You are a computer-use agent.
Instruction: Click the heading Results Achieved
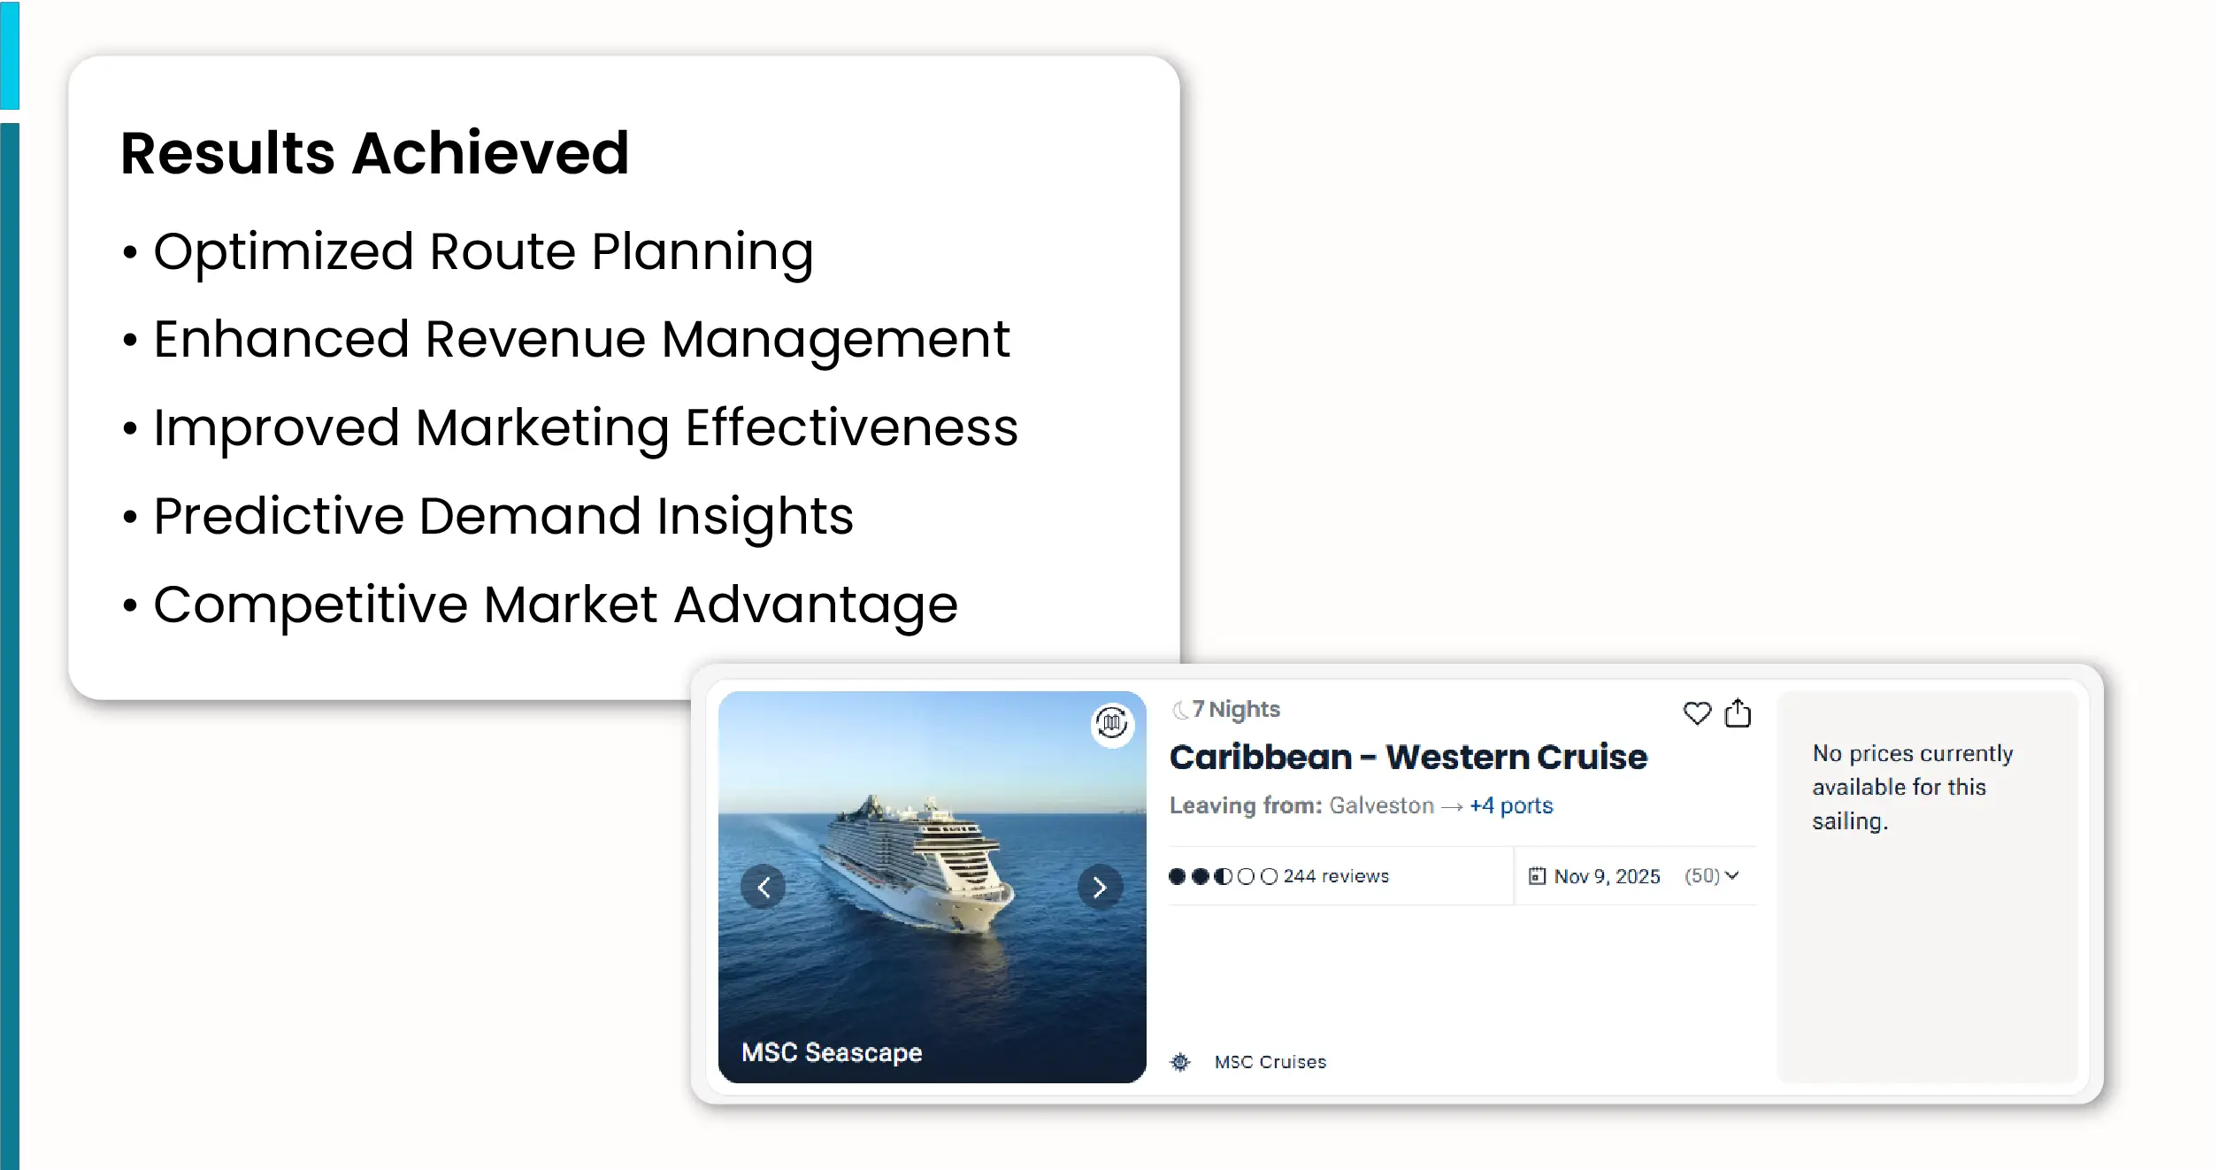click(374, 153)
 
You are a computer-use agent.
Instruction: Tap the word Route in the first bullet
click(503, 251)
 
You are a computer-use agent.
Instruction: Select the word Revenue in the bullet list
click(535, 339)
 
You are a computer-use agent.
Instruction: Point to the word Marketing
click(542, 429)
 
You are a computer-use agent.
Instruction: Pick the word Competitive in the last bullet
click(311, 606)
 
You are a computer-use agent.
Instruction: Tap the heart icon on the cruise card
click(1697, 713)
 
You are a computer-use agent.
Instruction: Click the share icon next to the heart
click(1738, 712)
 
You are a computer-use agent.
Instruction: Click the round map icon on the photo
click(1112, 724)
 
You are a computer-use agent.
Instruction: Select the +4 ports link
click(1511, 806)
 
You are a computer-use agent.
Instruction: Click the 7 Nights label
click(1235, 710)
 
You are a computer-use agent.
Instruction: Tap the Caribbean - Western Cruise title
click(1408, 758)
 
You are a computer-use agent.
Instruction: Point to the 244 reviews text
click(1336, 876)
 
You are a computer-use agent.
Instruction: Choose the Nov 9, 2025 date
click(1607, 876)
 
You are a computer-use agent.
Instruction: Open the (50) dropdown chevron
click(1732, 875)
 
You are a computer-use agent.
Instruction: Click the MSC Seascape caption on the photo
click(832, 1052)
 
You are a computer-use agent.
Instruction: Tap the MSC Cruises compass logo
click(1180, 1062)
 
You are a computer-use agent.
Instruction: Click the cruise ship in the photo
click(916, 863)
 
